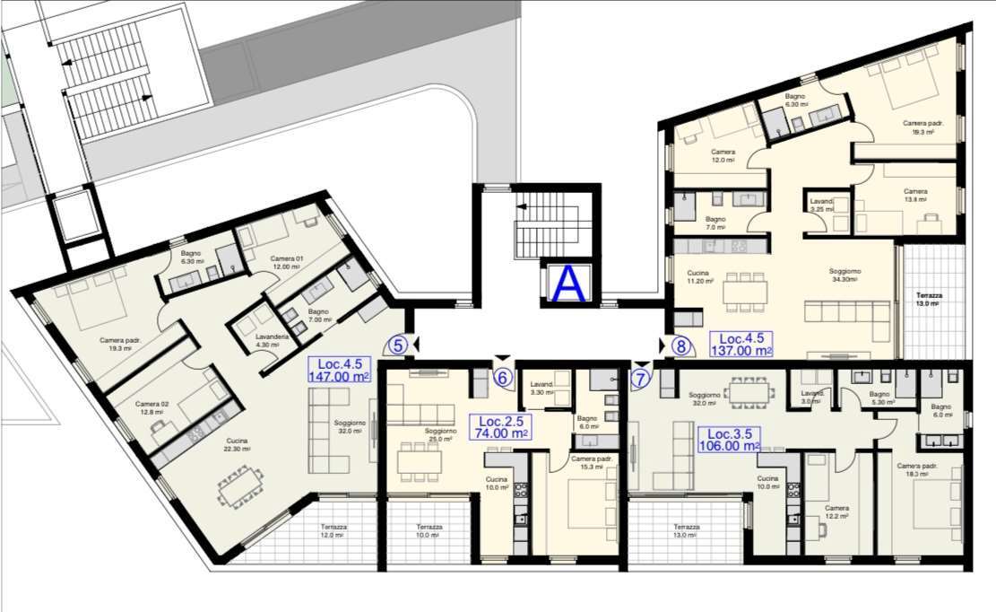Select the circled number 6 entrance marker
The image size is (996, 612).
tap(503, 379)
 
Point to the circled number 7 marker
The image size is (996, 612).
tap(640, 379)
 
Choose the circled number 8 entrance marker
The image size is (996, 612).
tap(681, 345)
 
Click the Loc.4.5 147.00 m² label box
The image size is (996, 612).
tap(339, 371)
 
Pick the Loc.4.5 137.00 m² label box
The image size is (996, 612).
tap(741, 345)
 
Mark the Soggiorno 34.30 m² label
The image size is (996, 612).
tap(844, 275)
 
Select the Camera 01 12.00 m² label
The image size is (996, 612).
tap(288, 263)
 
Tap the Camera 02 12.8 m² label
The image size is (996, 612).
tap(152, 408)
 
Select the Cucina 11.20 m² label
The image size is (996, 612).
tap(699, 276)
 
